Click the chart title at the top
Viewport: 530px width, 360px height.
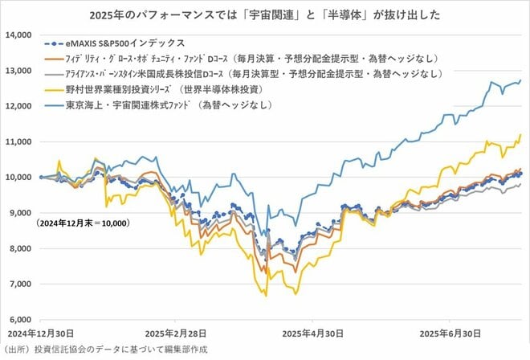[265, 14]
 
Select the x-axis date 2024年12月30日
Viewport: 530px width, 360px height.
[40, 331]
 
